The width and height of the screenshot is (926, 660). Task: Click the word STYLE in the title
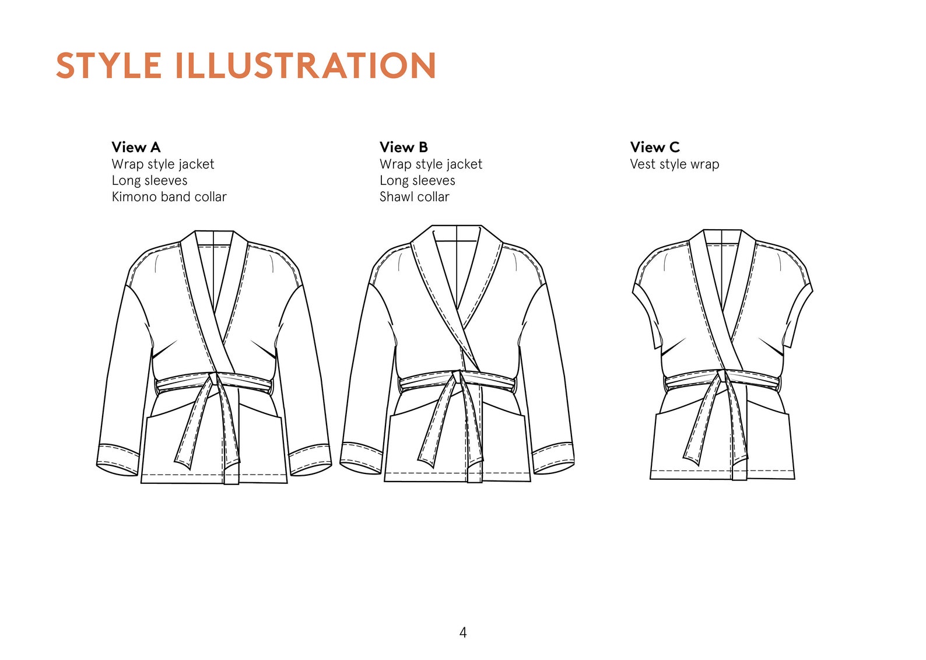(x=108, y=65)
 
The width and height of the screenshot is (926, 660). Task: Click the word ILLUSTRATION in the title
(x=305, y=65)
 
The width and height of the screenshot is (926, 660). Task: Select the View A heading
(x=136, y=147)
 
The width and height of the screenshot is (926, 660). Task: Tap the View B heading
(x=404, y=147)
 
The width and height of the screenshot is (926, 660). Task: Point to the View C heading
(x=655, y=147)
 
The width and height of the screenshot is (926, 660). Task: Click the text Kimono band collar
(x=169, y=197)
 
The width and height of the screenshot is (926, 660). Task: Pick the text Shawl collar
(x=415, y=197)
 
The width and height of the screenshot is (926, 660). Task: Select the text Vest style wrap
(x=675, y=164)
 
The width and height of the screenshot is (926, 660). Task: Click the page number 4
(x=463, y=633)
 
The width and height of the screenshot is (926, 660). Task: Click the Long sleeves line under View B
(x=418, y=181)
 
